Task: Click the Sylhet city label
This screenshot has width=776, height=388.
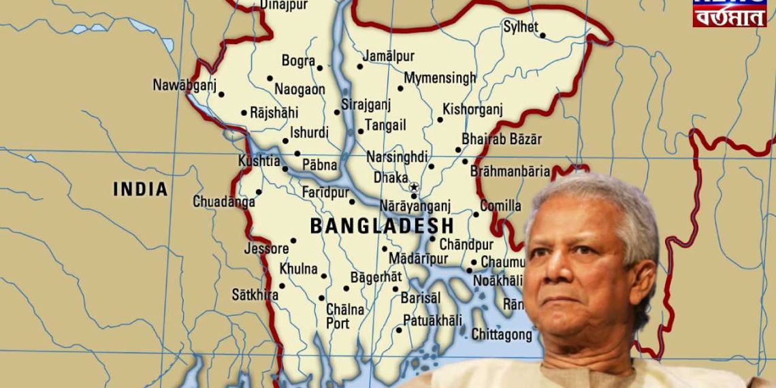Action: click(x=520, y=27)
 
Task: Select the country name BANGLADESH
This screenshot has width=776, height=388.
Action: click(x=382, y=225)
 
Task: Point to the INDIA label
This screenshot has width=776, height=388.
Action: click(x=140, y=189)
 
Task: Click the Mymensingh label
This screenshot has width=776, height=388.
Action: click(x=440, y=78)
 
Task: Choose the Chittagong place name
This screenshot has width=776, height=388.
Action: click(x=502, y=334)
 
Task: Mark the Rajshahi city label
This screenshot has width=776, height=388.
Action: click(x=274, y=113)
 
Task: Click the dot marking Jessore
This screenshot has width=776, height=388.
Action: click(x=293, y=240)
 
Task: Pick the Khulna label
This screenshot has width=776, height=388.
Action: click(x=298, y=269)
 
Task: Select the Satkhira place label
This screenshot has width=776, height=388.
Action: click(x=255, y=295)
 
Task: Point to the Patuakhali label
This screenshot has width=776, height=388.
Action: click(x=432, y=320)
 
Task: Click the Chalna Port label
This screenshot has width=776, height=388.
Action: click(x=344, y=317)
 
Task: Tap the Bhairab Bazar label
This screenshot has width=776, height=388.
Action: click(x=502, y=139)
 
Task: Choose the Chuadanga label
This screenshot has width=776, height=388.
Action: click(x=224, y=201)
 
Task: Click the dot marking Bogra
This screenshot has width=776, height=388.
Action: click(x=319, y=67)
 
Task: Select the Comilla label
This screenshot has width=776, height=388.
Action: click(x=500, y=206)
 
